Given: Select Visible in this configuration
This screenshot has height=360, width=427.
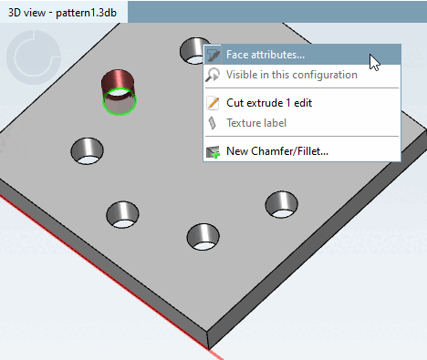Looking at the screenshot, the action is click(x=291, y=75).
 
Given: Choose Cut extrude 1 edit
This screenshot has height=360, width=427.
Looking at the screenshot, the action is click(x=268, y=103).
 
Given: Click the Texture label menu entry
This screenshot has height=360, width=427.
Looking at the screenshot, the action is click(x=256, y=122).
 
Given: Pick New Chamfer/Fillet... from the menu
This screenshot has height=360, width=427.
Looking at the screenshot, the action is click(x=276, y=151).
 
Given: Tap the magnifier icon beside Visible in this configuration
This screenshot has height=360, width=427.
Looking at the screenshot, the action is click(x=213, y=75).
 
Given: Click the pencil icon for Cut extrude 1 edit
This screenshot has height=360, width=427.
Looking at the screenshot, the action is click(x=213, y=103).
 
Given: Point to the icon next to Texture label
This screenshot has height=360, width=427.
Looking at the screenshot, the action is click(x=213, y=122).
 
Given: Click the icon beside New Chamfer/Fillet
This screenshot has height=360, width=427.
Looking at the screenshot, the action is click(x=213, y=151).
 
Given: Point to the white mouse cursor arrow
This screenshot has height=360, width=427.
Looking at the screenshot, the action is click(x=374, y=62).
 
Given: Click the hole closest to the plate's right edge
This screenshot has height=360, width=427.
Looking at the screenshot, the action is click(x=280, y=203).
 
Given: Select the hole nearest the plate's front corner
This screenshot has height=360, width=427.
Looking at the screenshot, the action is click(x=202, y=236).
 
